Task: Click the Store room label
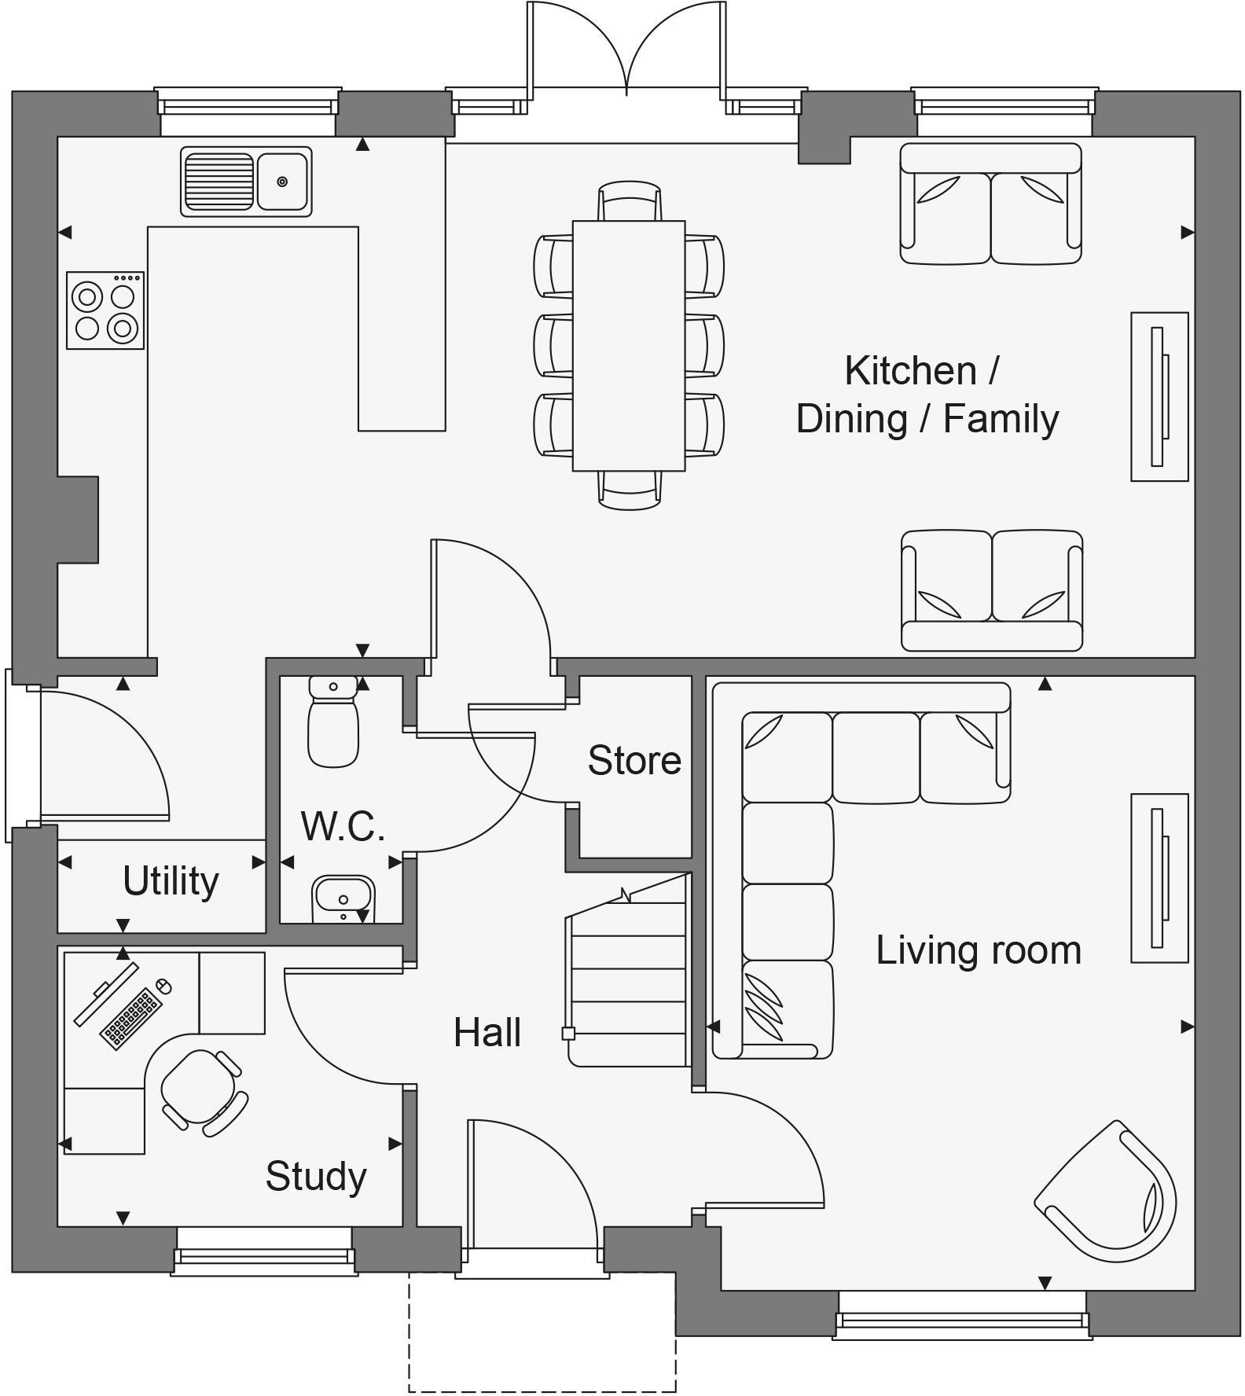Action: pos(634,760)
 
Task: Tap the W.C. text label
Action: pos(343,826)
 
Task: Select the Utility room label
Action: pos(171,880)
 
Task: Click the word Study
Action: pos(316,1176)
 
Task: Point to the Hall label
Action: pos(487,1032)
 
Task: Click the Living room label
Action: pos(979,950)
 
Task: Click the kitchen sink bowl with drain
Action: pos(282,182)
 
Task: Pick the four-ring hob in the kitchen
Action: pos(105,310)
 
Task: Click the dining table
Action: pos(628,346)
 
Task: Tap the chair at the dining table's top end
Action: pos(629,202)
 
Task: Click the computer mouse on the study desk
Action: pos(163,985)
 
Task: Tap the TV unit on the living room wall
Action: pos(1159,877)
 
